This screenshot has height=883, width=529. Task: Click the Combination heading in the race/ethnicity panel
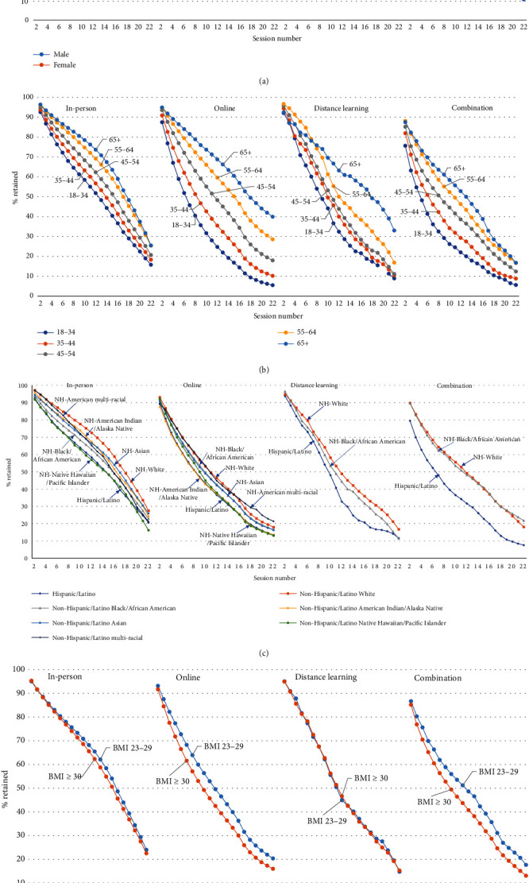tap(455, 385)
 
